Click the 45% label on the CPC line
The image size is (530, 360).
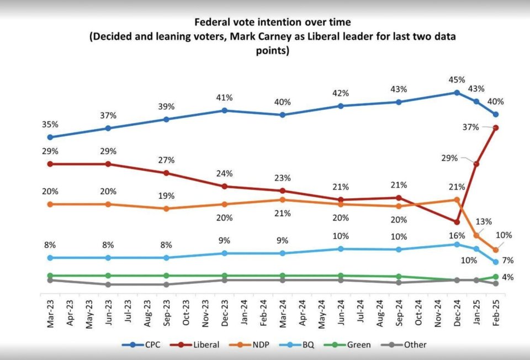click(x=457, y=80)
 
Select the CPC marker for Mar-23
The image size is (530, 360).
click(x=50, y=137)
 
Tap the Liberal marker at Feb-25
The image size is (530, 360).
click(x=496, y=128)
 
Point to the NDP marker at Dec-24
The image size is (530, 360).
click(x=457, y=200)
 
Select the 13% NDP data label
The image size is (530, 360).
click(x=484, y=222)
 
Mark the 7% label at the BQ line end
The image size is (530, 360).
click(x=508, y=260)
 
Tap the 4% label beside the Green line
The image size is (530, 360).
click(x=508, y=277)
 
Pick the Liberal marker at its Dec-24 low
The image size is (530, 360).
click(x=457, y=222)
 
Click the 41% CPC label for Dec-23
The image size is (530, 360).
click(x=225, y=98)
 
